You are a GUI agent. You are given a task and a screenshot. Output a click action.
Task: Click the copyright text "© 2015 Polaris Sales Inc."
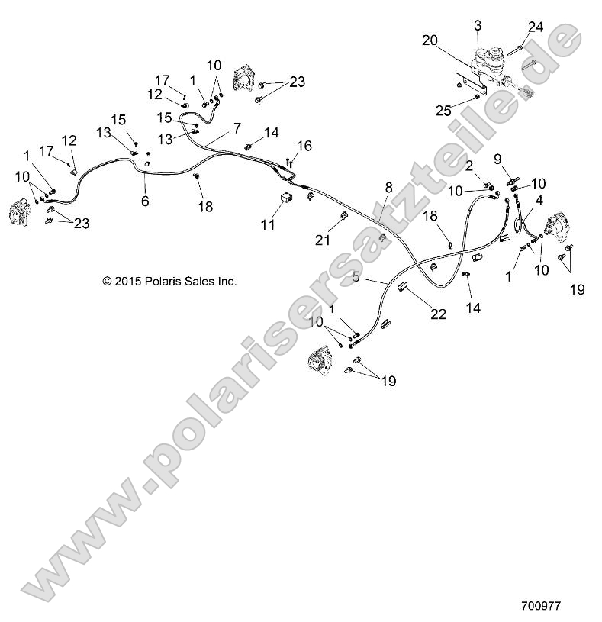[x=169, y=281]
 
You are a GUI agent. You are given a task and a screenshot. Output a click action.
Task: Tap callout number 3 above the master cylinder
[x=478, y=25]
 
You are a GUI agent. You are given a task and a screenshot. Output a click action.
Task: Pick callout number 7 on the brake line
[x=237, y=127]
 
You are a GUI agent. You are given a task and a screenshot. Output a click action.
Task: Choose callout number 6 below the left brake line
[x=145, y=201]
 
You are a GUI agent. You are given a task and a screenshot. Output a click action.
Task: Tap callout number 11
[x=267, y=225]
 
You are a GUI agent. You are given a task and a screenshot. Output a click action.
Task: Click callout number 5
[x=356, y=279]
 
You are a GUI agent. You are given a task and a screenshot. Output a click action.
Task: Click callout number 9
[x=497, y=159]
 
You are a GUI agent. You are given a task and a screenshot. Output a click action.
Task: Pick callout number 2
[x=469, y=166]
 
